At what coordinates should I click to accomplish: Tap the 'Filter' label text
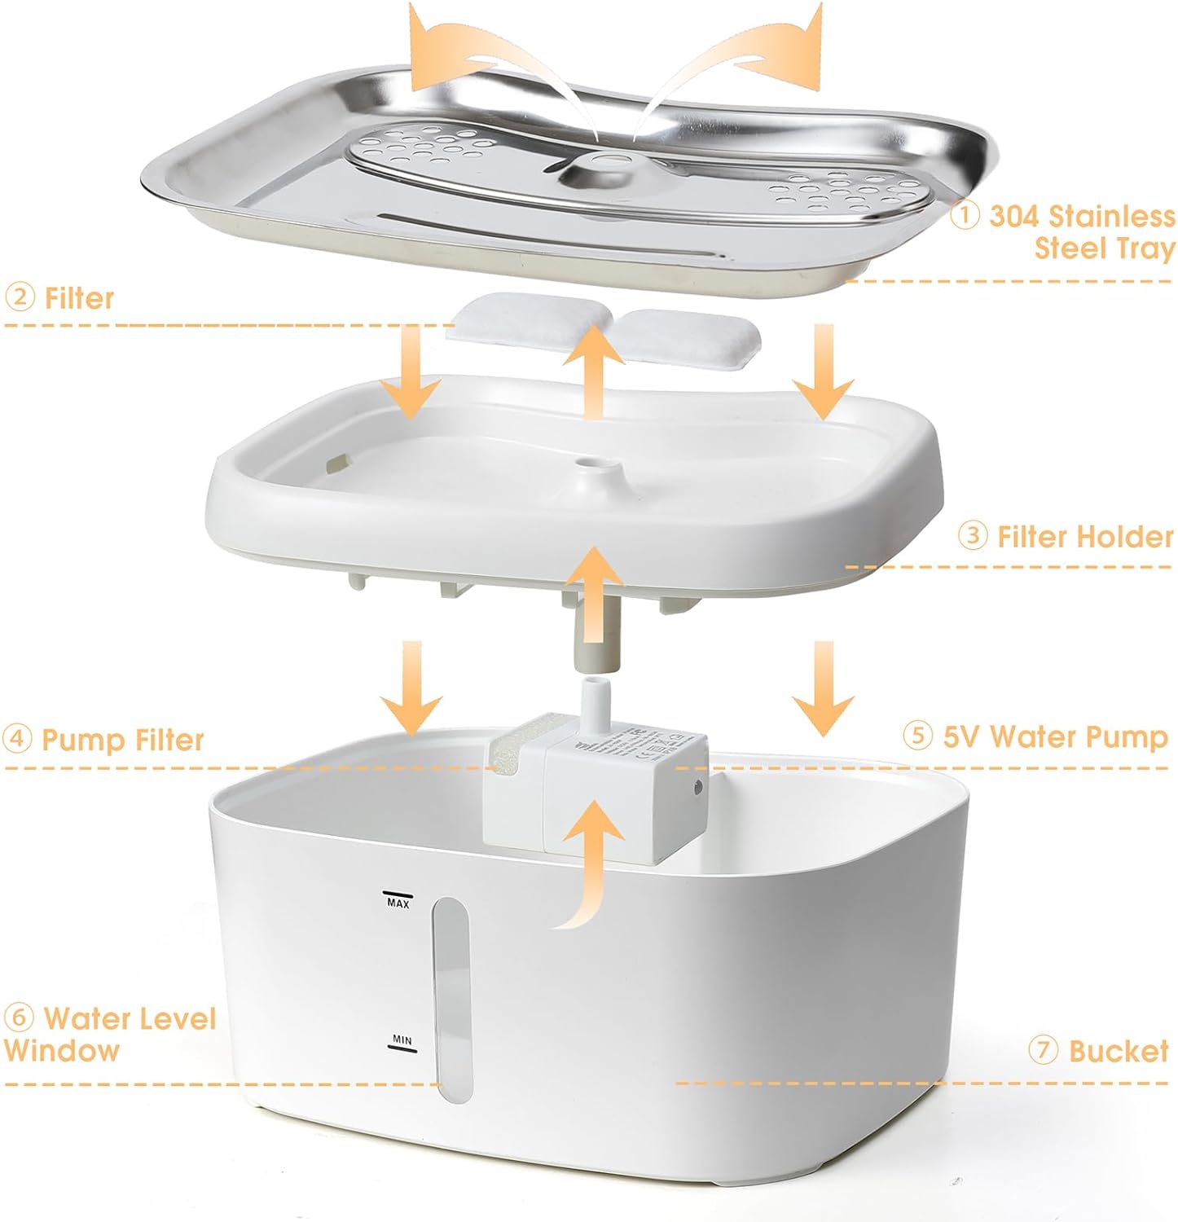pos(78,298)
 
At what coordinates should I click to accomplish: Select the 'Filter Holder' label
pos(1084,537)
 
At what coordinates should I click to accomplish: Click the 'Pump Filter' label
pos(122,740)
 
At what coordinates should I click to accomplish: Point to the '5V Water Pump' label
pos(1055,736)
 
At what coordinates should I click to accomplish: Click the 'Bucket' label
pos(1118,1051)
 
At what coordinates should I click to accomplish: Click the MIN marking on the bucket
pos(402,1041)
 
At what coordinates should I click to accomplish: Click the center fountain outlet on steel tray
pos(600,163)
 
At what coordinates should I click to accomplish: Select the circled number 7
pos(1043,1051)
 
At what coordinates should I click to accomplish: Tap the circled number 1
pos(965,216)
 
